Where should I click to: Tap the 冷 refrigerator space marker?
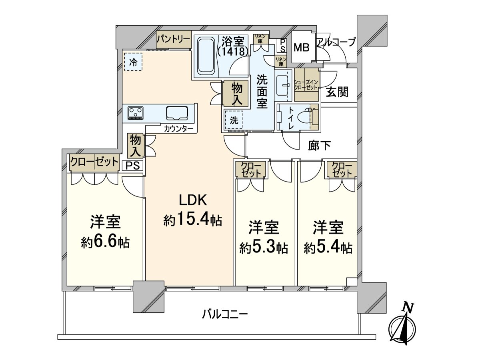click(x=133, y=62)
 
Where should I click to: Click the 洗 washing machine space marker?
click(x=234, y=120)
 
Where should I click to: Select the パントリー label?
click(x=173, y=39)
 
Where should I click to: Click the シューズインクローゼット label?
click(x=306, y=84)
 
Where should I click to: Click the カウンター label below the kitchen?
click(x=178, y=129)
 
